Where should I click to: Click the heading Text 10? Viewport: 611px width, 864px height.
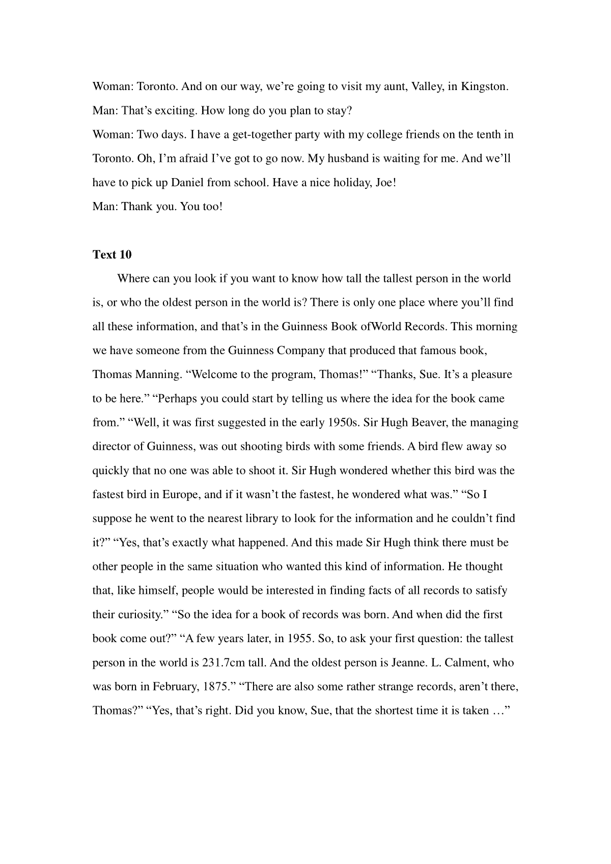[112, 255]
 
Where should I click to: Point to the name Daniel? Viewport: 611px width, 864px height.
[187, 183]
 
